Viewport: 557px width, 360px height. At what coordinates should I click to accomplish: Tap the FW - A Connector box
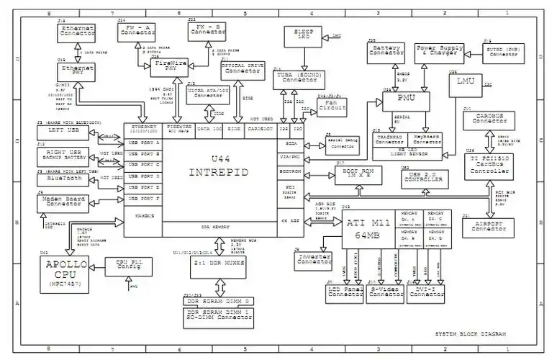(137, 30)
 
